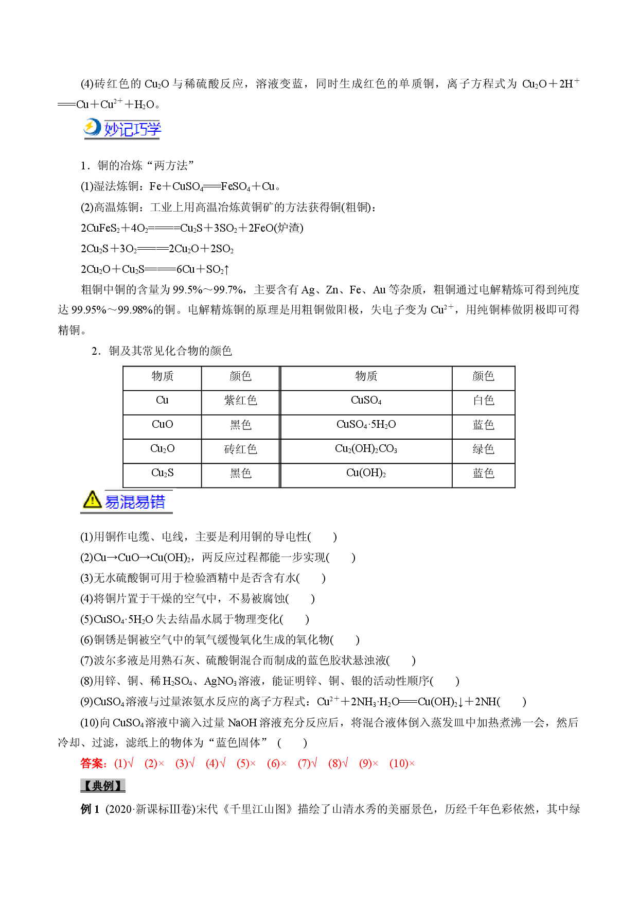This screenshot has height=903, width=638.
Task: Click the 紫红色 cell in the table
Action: click(240, 401)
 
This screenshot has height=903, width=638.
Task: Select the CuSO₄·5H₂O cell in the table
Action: click(366, 425)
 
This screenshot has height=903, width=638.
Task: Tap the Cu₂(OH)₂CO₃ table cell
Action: click(366, 449)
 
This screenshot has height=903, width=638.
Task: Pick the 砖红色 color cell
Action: click(240, 449)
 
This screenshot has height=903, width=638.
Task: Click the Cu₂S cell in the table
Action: click(162, 473)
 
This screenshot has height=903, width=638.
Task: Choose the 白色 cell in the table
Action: click(483, 401)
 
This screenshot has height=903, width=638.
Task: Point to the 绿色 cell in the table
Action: click(483, 449)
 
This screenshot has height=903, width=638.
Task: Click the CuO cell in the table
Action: click(162, 425)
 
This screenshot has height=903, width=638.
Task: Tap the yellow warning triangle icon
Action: click(92, 500)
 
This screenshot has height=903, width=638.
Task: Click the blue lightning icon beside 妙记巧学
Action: click(93, 128)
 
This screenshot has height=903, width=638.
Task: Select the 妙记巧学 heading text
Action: click(133, 129)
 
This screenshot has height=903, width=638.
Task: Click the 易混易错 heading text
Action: click(135, 501)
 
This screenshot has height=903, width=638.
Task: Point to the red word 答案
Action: click(93, 763)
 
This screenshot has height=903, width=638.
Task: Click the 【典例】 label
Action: click(103, 786)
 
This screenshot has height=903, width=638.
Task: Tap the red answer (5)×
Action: click(246, 763)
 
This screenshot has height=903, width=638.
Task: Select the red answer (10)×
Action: click(402, 763)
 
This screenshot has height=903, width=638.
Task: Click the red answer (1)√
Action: click(123, 763)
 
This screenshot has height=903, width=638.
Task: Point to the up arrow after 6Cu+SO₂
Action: click(226, 269)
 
